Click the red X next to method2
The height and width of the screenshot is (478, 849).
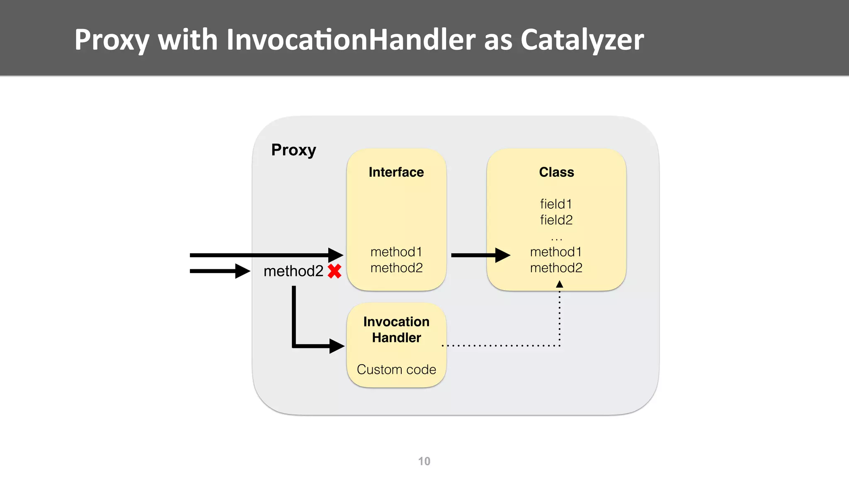pos(334,271)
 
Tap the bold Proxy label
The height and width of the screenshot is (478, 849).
pos(294,150)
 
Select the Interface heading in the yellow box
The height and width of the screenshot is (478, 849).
pos(396,172)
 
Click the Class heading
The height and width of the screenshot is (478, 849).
pos(556,172)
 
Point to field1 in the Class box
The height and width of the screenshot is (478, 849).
pos(556,204)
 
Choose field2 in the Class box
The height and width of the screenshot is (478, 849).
pos(556,220)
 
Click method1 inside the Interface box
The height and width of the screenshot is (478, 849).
pos(396,252)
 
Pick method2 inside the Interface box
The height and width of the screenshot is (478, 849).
pos(396,268)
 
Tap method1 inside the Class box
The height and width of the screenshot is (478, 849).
pos(556,252)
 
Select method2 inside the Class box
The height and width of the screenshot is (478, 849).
pos(556,268)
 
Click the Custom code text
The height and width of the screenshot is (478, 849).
pos(396,369)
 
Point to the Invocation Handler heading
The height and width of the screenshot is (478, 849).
pos(396,329)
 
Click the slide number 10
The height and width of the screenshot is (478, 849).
pos(424,461)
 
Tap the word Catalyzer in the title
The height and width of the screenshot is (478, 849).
pos(582,40)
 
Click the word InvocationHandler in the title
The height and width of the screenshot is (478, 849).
pos(351,40)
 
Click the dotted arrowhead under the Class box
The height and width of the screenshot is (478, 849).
pos(559,284)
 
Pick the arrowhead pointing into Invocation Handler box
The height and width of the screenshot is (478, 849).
pos(337,346)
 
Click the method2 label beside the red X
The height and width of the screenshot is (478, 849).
pos(293,271)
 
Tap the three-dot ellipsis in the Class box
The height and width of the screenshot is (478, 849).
pos(556,239)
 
